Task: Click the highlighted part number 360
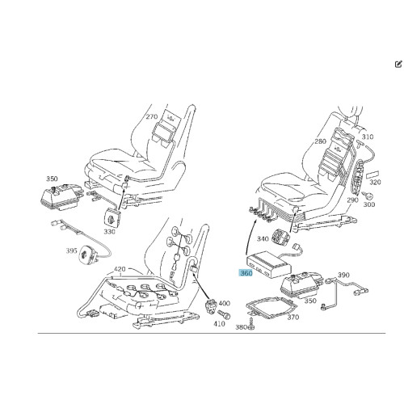point(246,273)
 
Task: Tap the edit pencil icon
point(398,64)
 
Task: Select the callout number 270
point(152,116)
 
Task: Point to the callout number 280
point(320,141)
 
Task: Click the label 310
point(368,137)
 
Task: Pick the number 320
point(375,183)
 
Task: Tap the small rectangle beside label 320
point(372,174)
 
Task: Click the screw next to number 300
point(367,195)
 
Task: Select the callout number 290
point(352,200)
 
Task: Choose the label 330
point(109,232)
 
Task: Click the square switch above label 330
point(112,217)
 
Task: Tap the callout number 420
point(120,269)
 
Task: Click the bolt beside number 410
point(224,314)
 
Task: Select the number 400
point(224,303)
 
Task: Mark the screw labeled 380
point(252,324)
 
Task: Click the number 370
point(293,318)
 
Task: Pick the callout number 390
point(343,275)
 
